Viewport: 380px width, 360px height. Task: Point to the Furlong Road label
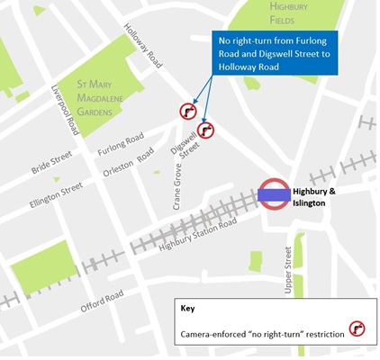121,143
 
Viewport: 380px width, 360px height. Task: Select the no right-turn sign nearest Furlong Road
188,111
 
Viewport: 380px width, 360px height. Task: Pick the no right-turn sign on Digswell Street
206,130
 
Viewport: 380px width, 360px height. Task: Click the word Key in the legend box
188,309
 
